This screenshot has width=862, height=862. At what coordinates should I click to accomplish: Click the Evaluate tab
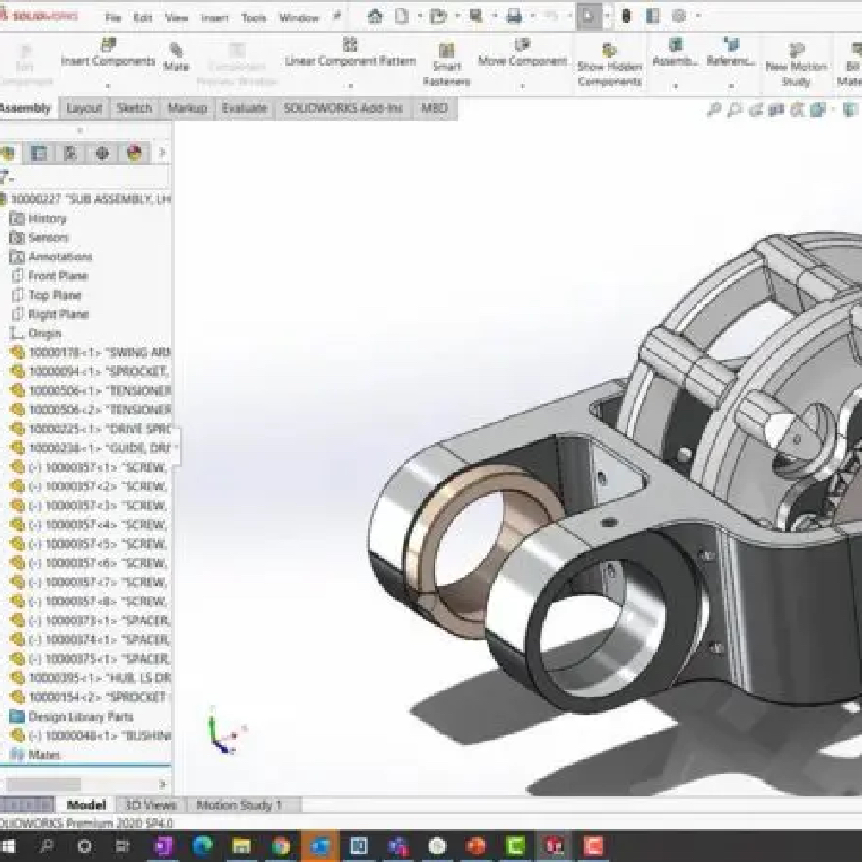[244, 108]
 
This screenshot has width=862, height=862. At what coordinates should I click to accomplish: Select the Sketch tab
[134, 108]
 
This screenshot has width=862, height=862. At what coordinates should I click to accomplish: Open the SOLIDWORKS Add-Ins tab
[343, 108]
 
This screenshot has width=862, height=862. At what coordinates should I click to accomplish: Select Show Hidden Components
[609, 65]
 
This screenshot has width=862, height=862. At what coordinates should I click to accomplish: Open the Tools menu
[253, 17]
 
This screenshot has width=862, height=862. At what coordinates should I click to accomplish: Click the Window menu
[299, 17]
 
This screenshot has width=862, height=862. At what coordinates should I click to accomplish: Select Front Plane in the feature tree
[58, 276]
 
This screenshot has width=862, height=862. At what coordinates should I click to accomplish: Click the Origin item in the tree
[45, 333]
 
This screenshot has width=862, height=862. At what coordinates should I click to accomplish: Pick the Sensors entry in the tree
[48, 237]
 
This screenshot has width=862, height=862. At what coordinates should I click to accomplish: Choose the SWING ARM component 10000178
[95, 352]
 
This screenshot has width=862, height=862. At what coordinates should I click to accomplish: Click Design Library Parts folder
[80, 716]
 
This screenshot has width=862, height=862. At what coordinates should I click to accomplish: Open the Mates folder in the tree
[44, 754]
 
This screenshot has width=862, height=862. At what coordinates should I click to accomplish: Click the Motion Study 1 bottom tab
[239, 805]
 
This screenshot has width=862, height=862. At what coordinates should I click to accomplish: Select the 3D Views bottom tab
[150, 805]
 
